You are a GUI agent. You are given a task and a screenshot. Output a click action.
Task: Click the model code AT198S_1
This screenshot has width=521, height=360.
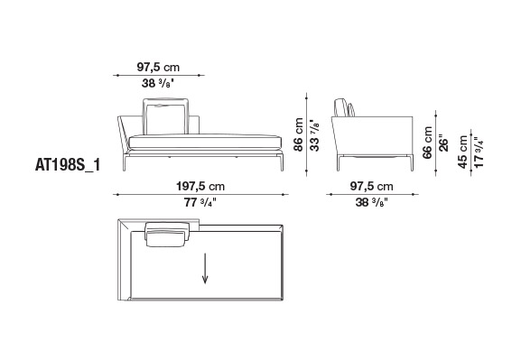pos(68,165)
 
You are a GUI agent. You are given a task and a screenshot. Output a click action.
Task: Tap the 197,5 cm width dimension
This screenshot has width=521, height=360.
pos(200,186)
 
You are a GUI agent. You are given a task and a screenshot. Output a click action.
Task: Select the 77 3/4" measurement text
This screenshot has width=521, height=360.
pos(200,202)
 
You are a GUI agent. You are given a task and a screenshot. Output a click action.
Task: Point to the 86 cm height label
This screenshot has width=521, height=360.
pos(298,134)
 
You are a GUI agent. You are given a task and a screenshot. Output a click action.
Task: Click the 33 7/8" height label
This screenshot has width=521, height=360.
pos(314,135)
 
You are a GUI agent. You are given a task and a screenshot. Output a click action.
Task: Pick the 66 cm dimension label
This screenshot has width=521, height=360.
pos(427,143)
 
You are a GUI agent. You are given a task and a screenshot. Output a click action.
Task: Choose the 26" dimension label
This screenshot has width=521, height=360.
pos(443,143)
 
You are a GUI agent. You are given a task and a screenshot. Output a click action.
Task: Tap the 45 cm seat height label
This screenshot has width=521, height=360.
pos(463,152)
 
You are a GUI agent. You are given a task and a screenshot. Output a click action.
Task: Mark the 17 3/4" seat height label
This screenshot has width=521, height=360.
pos(479,152)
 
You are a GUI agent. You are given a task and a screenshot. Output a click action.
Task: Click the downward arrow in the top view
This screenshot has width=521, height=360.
pos(205,268)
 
